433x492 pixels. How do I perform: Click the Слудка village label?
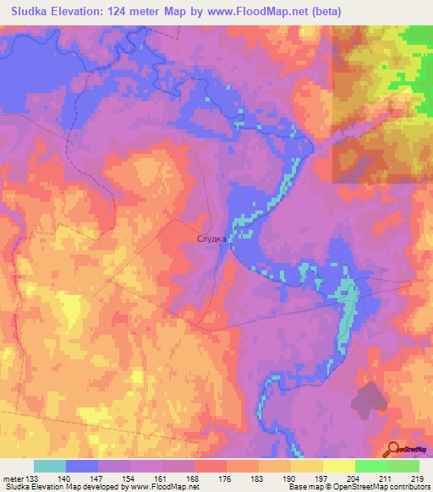click(x=211, y=239)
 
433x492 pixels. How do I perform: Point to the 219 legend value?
click(x=417, y=477)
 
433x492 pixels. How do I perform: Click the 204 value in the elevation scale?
click(x=353, y=477)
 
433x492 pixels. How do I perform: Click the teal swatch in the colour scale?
click(x=50, y=466)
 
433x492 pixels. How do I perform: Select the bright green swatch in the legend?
click(x=371, y=466)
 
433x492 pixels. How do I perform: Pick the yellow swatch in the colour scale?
click(x=339, y=466)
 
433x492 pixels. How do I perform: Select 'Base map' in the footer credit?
click(x=304, y=487)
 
